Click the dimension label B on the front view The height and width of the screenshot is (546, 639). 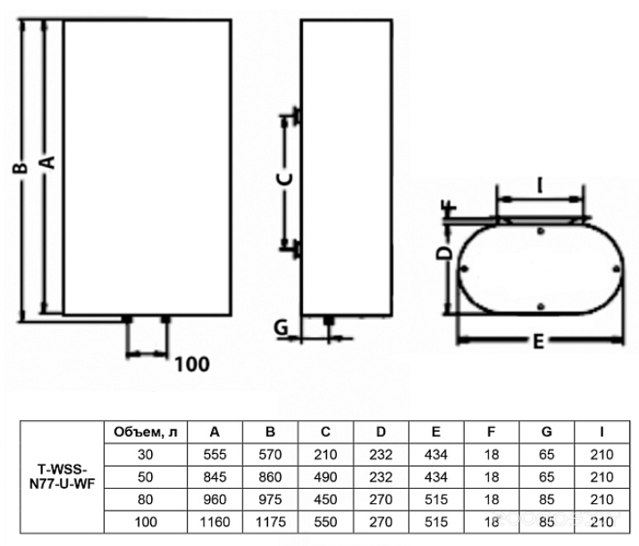20,167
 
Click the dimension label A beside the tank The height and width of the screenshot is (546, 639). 47,162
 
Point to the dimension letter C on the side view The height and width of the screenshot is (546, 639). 285,179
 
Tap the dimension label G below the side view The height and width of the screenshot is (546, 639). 282,327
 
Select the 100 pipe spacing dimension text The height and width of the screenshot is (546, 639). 192,364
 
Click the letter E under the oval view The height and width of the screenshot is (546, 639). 538,341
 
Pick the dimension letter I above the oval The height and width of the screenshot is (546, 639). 540,186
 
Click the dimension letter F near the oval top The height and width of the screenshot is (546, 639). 450,208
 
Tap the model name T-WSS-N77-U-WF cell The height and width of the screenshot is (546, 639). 63,476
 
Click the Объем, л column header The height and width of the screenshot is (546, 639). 146,433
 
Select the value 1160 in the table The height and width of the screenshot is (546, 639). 214,522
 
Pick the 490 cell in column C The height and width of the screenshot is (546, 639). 325,476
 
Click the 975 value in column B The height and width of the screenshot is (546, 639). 270,500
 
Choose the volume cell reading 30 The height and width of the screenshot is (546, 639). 145,454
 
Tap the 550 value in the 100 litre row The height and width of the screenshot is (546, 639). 325,522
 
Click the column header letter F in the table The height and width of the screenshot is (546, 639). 491,432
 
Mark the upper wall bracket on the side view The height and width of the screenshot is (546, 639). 297,115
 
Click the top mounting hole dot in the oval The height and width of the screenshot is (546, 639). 541,231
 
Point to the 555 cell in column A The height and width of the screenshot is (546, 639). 214,454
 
